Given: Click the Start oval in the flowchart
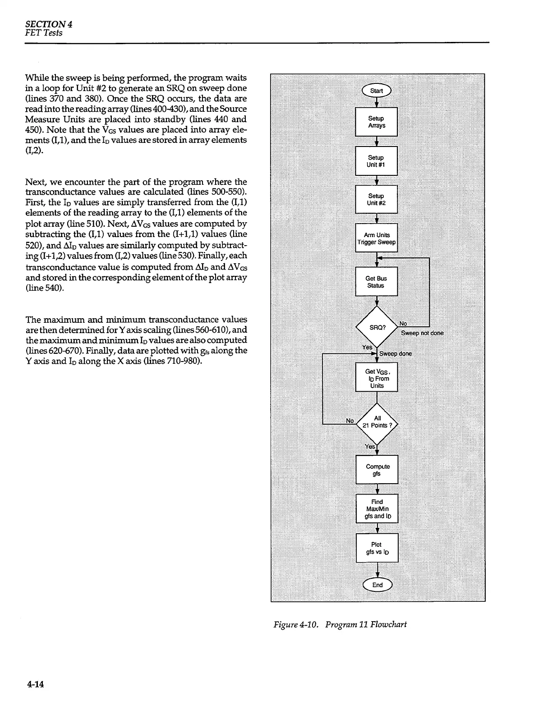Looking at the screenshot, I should (x=377, y=91).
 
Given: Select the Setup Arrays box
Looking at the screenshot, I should (x=377, y=122).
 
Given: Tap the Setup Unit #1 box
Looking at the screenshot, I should (x=377, y=161).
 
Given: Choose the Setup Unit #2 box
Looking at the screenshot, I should (x=377, y=199).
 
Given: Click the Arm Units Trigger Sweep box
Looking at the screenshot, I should (x=377, y=238).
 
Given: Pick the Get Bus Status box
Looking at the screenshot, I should (x=377, y=282).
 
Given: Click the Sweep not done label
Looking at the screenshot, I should (x=422, y=333).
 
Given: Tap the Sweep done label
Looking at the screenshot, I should (x=396, y=354).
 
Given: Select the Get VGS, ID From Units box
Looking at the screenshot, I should (x=377, y=378).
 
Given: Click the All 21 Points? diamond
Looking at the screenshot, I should (x=377, y=422).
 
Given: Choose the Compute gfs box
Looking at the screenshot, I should (x=377, y=470).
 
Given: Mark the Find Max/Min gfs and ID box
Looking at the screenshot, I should (x=377, y=509).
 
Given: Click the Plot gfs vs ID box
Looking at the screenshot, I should (x=377, y=548).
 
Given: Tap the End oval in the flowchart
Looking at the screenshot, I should (x=377, y=585).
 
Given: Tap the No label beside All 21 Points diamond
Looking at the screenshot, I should (x=350, y=421).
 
